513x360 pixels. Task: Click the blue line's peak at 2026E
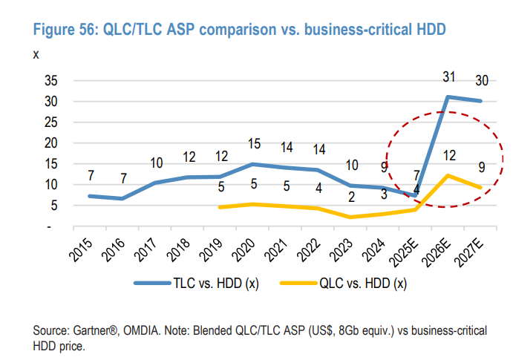coord(447,97)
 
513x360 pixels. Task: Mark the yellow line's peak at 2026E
coord(447,176)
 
